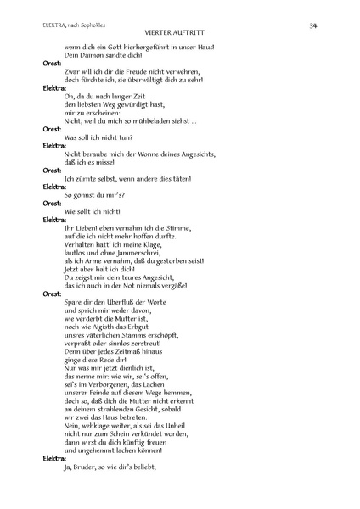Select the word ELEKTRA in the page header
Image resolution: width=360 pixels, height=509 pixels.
pyautogui.click(x=56, y=26)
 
